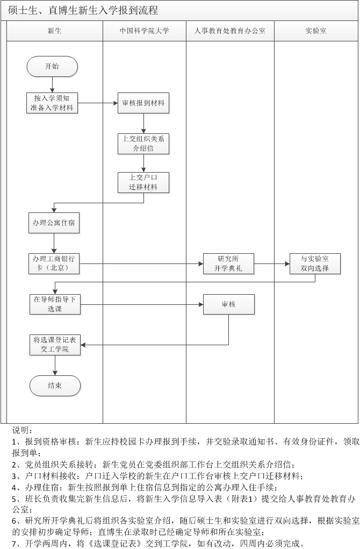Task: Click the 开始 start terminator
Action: (x=52, y=66)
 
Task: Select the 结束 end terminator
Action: (x=55, y=386)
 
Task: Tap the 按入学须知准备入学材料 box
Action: (x=52, y=103)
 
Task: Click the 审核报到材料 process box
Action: (x=143, y=103)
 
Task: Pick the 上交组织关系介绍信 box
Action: (x=143, y=144)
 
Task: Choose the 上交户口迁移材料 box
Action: (x=143, y=182)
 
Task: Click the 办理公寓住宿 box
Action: (x=54, y=223)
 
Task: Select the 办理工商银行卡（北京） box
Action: (x=54, y=263)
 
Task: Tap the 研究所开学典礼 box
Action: (x=228, y=263)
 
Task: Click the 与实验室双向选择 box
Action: (x=315, y=263)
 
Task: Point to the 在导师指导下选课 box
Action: (x=55, y=304)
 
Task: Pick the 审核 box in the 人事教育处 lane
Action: (x=229, y=304)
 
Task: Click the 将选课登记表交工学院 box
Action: (x=55, y=345)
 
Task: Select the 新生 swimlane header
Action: (x=55, y=31)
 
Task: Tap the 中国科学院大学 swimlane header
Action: (x=145, y=31)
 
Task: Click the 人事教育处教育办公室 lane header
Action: (x=230, y=31)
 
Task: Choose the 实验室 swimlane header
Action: (x=316, y=31)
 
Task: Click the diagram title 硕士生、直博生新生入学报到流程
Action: (x=83, y=11)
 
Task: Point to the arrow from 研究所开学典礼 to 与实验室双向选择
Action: (x=272, y=263)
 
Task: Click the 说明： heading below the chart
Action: (x=23, y=430)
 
